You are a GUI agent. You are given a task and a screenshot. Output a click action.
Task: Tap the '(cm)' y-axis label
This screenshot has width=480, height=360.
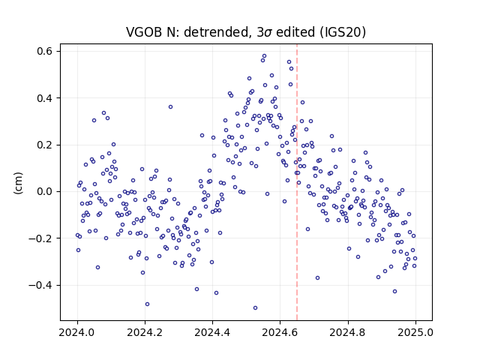coord(18,183)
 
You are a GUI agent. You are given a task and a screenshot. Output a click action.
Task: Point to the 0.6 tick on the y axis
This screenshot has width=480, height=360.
coord(44,51)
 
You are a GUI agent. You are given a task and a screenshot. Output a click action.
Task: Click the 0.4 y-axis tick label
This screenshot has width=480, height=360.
coord(44,98)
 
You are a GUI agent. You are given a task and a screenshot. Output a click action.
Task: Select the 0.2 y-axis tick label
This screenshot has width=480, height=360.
coord(44,145)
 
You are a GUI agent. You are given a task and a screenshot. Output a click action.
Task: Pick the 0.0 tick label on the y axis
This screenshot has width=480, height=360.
coord(44,192)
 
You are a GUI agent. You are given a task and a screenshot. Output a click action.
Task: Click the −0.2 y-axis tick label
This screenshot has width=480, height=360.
coord(40,238)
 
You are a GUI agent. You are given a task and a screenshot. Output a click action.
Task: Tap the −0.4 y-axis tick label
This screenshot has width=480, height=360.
coord(40,285)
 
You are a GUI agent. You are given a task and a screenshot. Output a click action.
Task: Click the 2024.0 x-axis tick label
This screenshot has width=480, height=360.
coord(77,332)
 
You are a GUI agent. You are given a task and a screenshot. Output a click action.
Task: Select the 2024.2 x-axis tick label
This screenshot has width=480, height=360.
coord(145,332)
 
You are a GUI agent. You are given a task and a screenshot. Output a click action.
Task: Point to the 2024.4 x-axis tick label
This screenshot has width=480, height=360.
coord(212,332)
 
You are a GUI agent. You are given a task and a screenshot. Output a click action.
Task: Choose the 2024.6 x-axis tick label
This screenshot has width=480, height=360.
coord(280,332)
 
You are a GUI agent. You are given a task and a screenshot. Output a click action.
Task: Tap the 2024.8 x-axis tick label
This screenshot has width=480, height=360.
coord(348,332)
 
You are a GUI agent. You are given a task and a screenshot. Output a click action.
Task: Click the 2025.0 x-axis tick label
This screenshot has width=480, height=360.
coord(415,332)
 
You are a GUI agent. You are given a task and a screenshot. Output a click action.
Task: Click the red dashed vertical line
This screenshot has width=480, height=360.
coord(297,182)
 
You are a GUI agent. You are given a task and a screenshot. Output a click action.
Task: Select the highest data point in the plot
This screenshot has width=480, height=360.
coord(265,56)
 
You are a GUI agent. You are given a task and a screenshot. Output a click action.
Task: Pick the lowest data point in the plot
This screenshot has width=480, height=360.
coord(255,308)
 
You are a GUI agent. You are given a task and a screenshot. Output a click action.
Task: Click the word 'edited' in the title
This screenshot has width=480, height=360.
coord(295,31)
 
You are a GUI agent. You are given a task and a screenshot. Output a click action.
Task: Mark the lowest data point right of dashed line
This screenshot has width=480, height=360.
coord(395,292)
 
